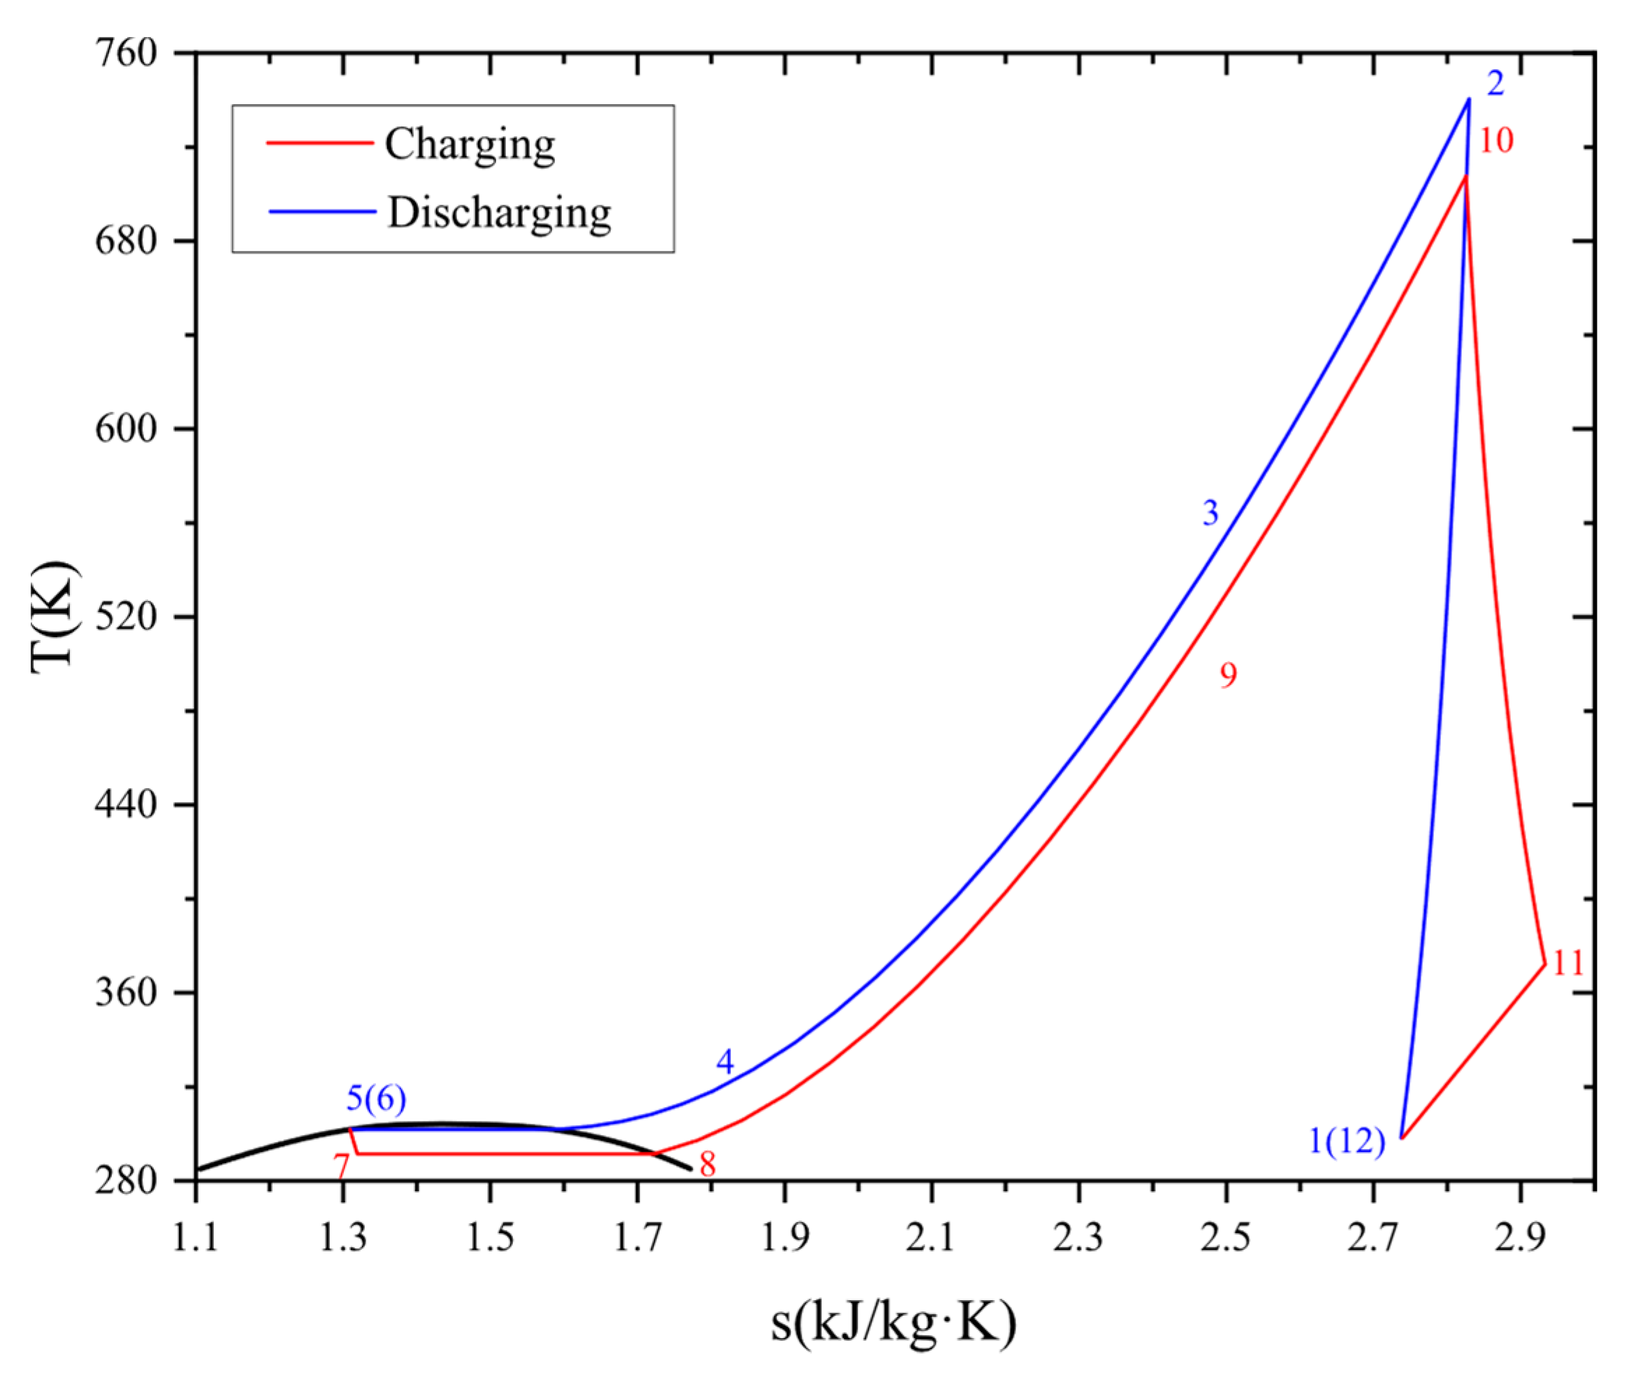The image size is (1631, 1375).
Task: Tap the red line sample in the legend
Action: point(319,143)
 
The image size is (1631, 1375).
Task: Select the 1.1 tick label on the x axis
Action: point(196,1239)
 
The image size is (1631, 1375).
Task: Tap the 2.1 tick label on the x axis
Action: point(930,1239)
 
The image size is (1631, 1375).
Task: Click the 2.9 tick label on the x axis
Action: point(1519,1239)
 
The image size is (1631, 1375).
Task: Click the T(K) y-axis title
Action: point(54,616)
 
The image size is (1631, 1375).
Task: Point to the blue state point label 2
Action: point(1495,83)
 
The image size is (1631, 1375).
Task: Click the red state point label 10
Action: point(1495,141)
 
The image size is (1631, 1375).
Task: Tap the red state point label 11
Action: point(1568,964)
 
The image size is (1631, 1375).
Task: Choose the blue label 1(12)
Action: point(1346,1142)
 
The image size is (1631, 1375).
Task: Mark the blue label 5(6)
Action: point(376,1099)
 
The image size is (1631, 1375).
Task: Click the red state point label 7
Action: point(341,1167)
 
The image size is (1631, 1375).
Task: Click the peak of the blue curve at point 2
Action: point(1469,99)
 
